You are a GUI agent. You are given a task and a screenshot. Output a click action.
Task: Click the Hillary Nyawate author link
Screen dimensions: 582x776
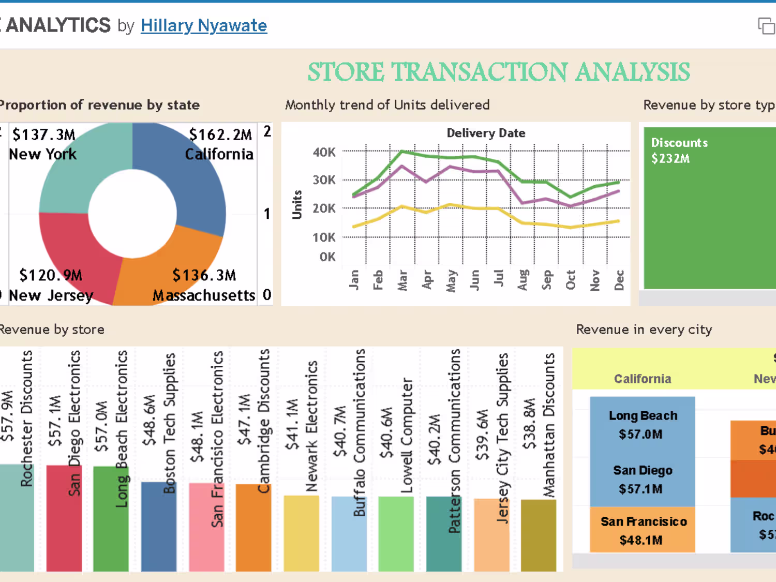coord(203,25)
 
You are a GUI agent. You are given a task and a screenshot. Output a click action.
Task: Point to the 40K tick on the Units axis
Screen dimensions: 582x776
coord(324,152)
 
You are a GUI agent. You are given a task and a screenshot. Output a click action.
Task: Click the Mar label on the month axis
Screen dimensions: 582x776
coord(402,280)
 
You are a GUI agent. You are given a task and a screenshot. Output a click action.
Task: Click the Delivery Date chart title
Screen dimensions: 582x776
coord(486,133)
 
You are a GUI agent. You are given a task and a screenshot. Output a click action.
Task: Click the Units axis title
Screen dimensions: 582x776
coord(297,204)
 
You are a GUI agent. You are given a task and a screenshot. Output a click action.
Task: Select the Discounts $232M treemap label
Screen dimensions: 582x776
coord(679,151)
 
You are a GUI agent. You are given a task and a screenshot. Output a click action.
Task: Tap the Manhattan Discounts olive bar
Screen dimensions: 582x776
coord(539,535)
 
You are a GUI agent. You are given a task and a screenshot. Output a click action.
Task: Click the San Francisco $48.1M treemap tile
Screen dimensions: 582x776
coord(643,530)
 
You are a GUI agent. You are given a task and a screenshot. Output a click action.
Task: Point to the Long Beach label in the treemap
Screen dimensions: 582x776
coord(643,415)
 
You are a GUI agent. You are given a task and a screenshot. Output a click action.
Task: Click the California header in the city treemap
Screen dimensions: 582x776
coord(643,379)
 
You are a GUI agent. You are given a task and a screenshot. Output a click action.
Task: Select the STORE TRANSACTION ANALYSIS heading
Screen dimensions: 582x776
coord(499,72)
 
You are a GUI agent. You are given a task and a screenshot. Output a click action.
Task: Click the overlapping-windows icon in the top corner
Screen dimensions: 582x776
coord(766,26)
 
